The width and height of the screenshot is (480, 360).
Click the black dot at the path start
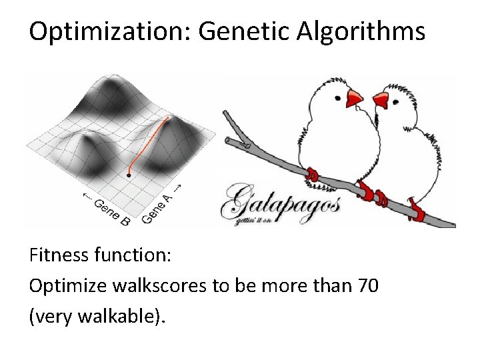[x=129, y=175]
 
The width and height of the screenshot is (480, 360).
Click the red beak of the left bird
[x=354, y=99]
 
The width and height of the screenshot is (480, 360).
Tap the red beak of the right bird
[x=381, y=100]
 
